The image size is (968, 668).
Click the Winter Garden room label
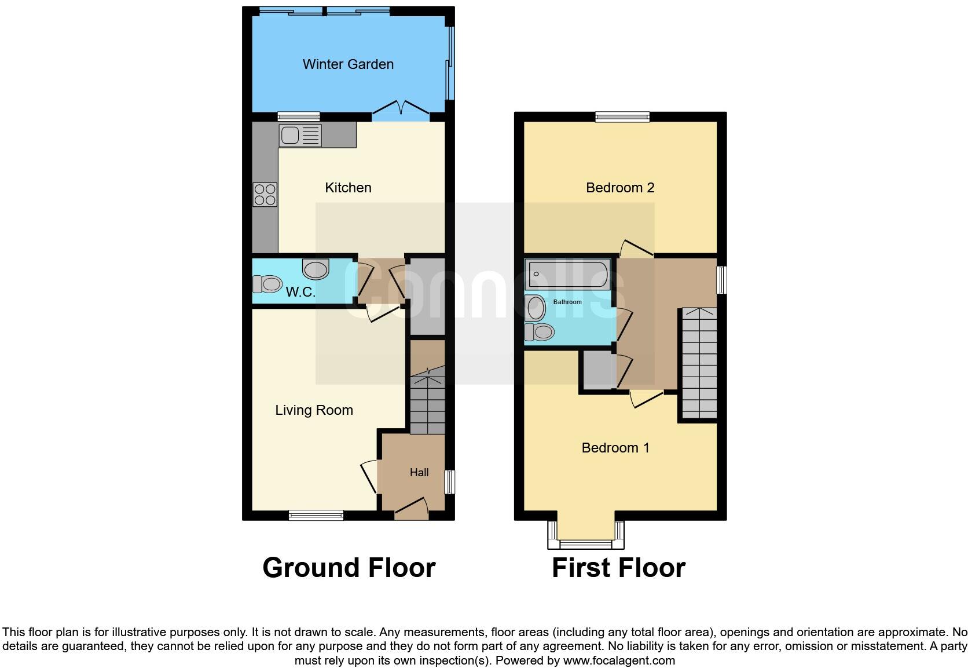(348, 64)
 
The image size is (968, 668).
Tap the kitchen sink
(300, 136)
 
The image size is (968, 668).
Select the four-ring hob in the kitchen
(265, 194)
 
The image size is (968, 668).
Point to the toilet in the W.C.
(267, 284)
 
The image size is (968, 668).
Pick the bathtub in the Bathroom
(567, 274)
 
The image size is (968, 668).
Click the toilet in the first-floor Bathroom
(540, 332)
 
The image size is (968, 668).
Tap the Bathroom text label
(567, 302)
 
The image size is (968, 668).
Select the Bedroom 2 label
(620, 188)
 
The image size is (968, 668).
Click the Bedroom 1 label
(615, 448)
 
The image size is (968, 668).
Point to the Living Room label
(314, 410)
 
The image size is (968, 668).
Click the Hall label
(419, 473)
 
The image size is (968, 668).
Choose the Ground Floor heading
(349, 568)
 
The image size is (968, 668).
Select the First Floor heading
(618, 568)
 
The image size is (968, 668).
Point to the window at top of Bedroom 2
(623, 116)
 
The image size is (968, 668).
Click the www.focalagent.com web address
(619, 660)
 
